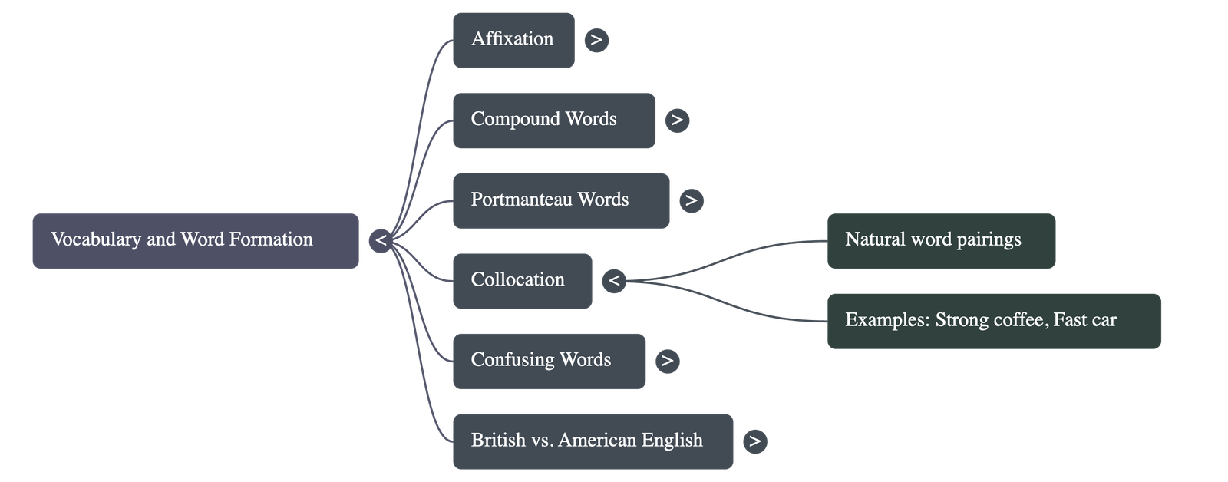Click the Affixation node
(513, 40)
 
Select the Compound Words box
(553, 121)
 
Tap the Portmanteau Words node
(560, 200)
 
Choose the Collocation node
(522, 281)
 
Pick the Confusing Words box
(549, 361)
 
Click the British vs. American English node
(593, 441)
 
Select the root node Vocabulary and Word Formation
(195, 241)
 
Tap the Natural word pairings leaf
(941, 241)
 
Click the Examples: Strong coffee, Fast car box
(994, 321)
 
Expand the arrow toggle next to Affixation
(596, 40)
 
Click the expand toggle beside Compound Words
(676, 121)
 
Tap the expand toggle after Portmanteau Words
(691, 200)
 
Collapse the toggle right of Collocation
(613, 281)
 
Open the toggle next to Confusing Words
(667, 361)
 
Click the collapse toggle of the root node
(380, 241)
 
